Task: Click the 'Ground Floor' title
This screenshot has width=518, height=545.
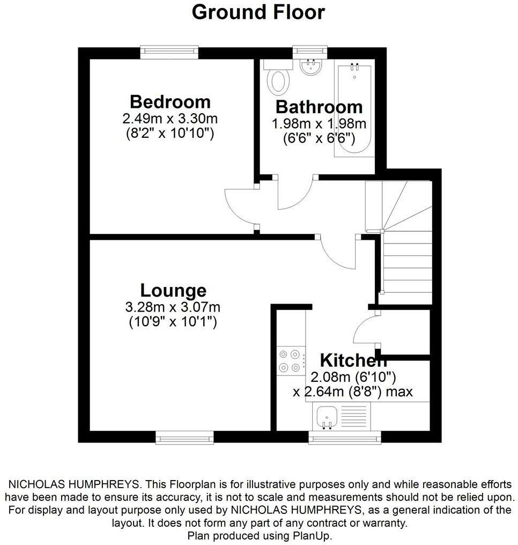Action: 258,12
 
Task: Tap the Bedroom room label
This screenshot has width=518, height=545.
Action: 170,101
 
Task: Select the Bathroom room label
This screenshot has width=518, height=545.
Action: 319,106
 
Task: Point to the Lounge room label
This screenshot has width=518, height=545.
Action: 173,291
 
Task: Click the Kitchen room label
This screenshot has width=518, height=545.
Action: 353,359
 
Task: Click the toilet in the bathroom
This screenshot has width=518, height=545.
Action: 279,80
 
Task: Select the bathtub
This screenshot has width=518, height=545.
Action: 353,107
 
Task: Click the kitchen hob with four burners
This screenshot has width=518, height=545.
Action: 290,361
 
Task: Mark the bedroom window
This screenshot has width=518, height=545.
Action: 169,52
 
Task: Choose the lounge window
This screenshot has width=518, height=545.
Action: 184,438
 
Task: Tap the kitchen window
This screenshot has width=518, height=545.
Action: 345,438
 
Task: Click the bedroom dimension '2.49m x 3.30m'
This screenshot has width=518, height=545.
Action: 170,118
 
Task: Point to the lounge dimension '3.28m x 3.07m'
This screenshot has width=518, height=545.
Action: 173,307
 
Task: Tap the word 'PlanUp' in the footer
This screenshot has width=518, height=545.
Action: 314,535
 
